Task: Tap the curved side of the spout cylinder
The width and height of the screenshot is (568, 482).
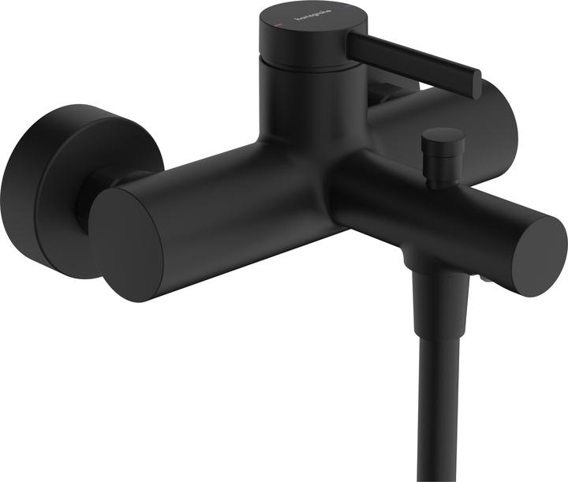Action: [x=442, y=213]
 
